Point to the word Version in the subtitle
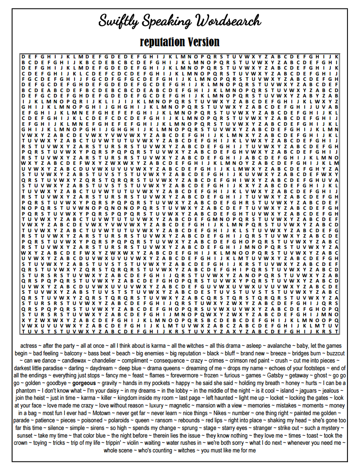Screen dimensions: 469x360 tap(202, 42)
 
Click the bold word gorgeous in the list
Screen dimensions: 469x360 tap(84, 383)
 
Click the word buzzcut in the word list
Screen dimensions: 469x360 tap(335, 353)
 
